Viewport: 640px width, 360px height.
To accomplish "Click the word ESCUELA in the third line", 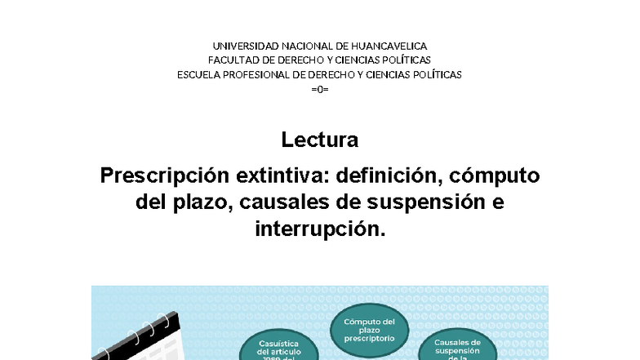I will point(198,74).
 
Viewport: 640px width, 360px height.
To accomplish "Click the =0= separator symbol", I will point(319,88).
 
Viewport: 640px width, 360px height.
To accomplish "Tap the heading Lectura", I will point(319,140).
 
